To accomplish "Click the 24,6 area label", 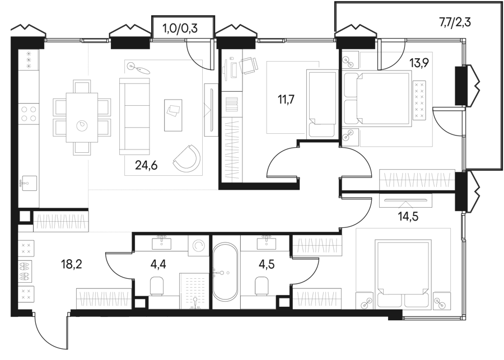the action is (x=146, y=166).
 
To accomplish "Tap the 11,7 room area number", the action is (x=286, y=100).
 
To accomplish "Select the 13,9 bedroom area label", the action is (x=418, y=63).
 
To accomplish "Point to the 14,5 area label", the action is (x=408, y=217).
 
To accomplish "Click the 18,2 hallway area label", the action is (x=72, y=264).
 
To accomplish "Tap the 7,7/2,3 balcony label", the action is (x=455, y=22).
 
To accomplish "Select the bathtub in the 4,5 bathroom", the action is (x=225, y=273).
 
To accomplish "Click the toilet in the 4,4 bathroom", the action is (x=157, y=286).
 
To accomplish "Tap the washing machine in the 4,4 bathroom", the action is (x=198, y=246).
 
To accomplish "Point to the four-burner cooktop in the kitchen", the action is (x=29, y=114).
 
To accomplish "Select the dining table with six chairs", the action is (x=82, y=118).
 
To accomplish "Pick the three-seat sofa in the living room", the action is (x=134, y=116).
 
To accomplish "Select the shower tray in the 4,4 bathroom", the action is (x=194, y=291).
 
